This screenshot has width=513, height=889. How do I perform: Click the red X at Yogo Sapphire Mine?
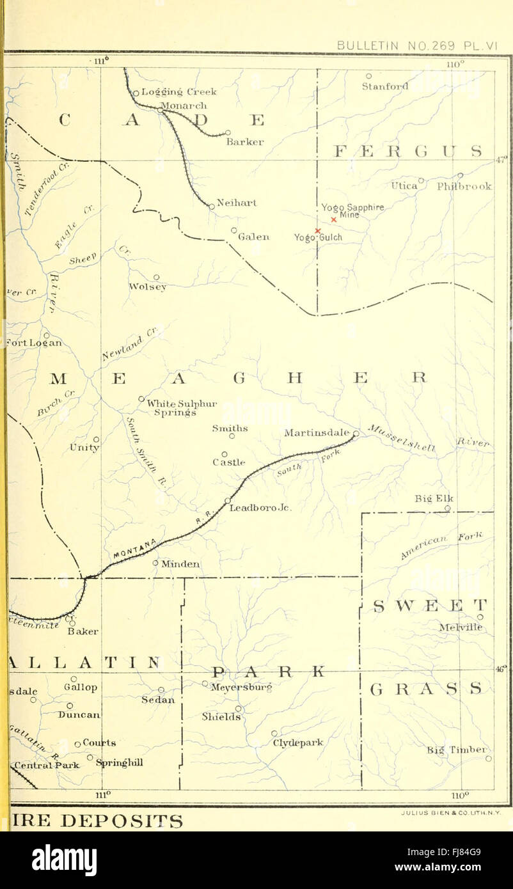[333, 219]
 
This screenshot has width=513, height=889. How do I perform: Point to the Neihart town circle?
[212, 206]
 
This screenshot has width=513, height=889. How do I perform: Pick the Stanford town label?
[384, 86]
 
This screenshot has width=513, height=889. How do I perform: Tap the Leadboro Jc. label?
[260, 508]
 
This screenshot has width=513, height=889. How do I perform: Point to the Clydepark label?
[298, 743]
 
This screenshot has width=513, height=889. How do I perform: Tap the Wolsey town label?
[148, 287]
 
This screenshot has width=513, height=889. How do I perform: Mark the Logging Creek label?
[178, 92]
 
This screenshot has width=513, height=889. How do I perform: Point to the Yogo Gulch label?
[318, 237]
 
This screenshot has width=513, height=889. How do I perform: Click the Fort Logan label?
[33, 342]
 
